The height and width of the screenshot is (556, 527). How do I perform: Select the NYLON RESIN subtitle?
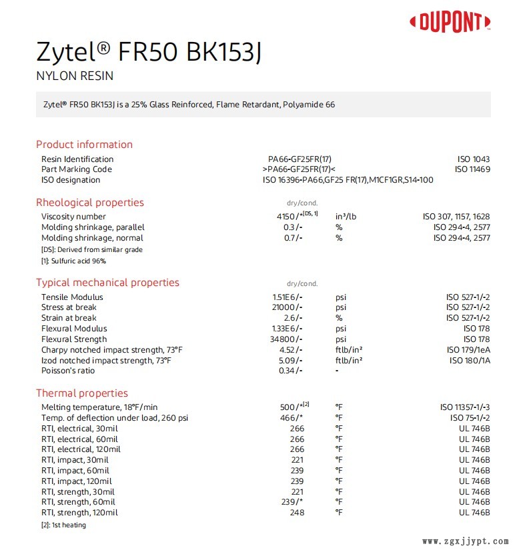(x=75, y=76)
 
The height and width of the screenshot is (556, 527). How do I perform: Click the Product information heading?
(x=84, y=145)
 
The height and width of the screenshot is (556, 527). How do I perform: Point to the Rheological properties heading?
(x=89, y=203)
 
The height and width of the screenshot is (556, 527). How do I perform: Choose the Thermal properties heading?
(x=81, y=393)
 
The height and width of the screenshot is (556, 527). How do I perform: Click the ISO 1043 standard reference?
(x=473, y=159)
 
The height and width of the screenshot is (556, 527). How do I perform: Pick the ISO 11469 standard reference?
(x=472, y=169)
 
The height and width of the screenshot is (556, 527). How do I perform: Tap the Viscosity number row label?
(x=73, y=217)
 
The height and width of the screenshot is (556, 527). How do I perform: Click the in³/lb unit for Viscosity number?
(x=347, y=217)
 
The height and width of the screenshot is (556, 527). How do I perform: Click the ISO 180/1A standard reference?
(x=470, y=361)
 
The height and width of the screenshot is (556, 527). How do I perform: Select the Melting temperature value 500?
(x=287, y=407)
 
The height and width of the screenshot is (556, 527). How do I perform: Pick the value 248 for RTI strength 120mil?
(x=296, y=513)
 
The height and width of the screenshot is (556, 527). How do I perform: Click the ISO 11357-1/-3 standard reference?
(x=465, y=407)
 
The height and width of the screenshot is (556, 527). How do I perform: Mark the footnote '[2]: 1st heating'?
(x=63, y=525)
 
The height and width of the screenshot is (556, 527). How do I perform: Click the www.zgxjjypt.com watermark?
(x=466, y=542)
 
